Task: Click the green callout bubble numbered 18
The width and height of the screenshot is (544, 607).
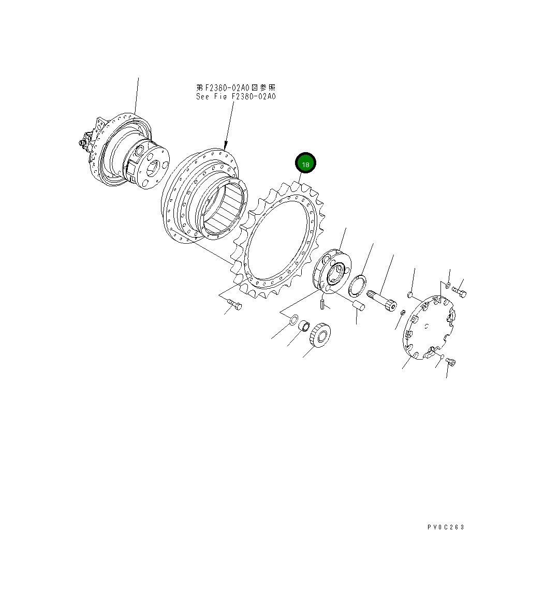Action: [x=305, y=164]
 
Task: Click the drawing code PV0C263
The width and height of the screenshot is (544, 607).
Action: [x=446, y=527]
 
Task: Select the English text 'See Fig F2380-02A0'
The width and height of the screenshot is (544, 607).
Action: [x=236, y=97]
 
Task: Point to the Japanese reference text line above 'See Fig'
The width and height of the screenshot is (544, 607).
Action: [x=236, y=88]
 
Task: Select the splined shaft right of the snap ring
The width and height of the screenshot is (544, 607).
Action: [x=384, y=301]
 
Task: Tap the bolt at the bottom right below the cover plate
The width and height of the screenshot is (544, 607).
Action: [x=450, y=362]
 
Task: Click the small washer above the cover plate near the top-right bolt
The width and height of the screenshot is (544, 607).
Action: [x=447, y=285]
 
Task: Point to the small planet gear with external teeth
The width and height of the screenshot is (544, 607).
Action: [x=320, y=337]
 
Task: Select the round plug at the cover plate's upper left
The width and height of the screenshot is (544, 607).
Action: [x=409, y=295]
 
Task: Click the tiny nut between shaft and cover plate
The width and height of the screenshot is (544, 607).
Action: [x=403, y=312]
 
